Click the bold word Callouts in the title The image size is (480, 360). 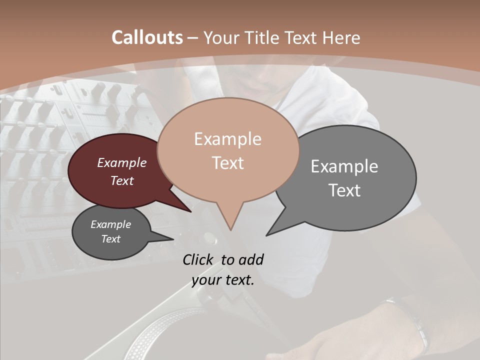(147, 37)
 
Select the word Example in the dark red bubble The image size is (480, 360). (122, 162)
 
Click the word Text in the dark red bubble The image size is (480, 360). (122, 180)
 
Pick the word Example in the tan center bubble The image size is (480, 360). (227, 139)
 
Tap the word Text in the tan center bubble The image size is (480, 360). (227, 163)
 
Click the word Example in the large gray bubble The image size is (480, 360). (344, 166)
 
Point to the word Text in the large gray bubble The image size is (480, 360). (344, 190)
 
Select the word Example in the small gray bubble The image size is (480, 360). (111, 224)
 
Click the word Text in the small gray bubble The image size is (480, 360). (111, 239)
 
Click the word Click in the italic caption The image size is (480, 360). (198, 259)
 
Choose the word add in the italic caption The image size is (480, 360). (251, 259)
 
